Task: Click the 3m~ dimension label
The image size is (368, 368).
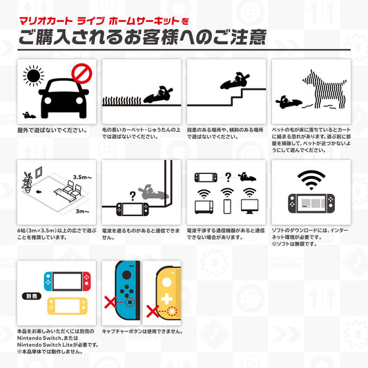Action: (81, 211)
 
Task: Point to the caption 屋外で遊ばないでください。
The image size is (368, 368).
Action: (52, 130)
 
